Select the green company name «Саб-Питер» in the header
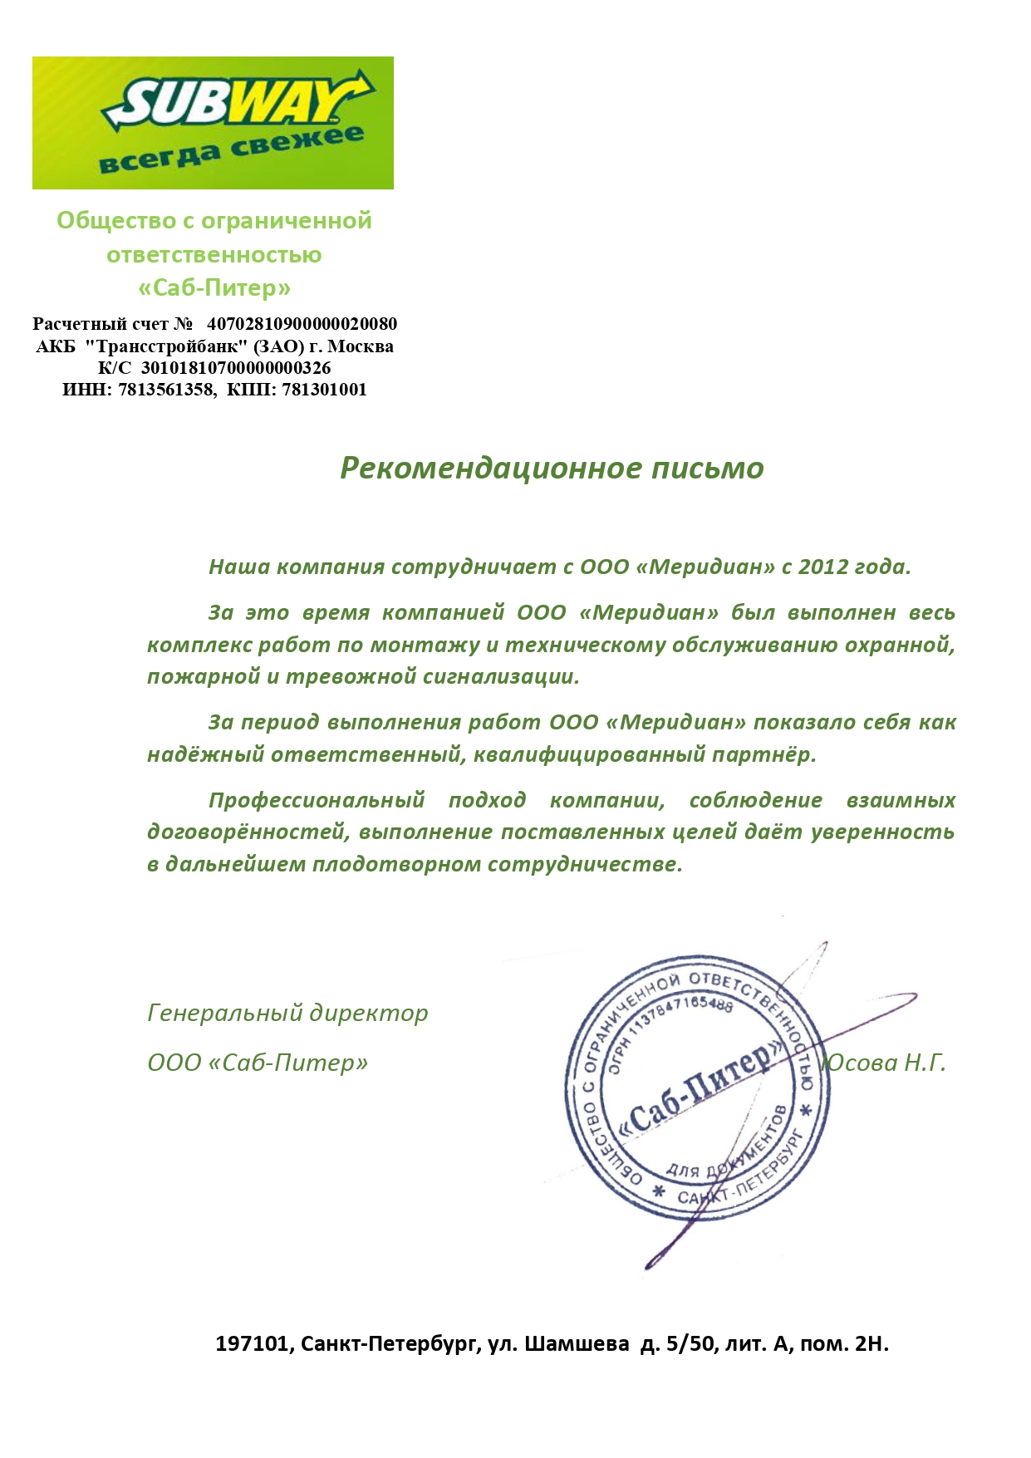click(214, 287)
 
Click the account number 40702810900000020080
click(302, 324)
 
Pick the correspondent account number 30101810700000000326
click(236, 368)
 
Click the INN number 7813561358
click(165, 390)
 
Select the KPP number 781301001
click(324, 390)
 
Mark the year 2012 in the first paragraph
click(823, 567)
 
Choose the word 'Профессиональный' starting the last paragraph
click(317, 800)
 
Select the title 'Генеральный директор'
click(287, 1013)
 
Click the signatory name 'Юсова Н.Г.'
click(884, 1063)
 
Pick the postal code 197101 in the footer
click(253, 1343)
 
